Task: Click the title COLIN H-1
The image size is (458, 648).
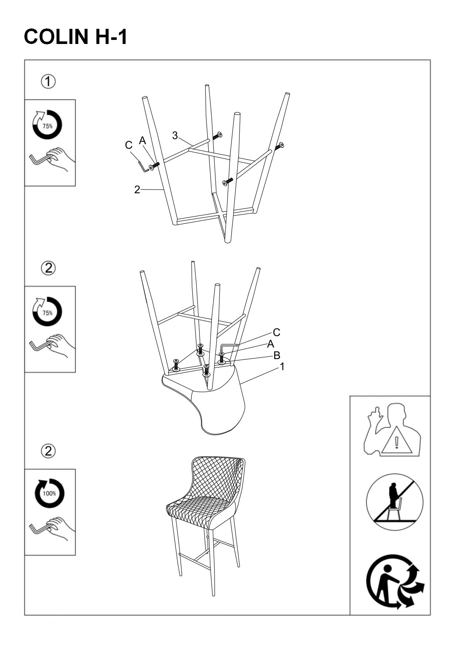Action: click(x=76, y=37)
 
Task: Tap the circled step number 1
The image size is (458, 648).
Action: click(x=48, y=82)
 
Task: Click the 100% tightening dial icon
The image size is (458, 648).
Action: click(x=49, y=493)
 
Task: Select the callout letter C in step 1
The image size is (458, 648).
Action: click(x=129, y=145)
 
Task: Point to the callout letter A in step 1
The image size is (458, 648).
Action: click(x=143, y=140)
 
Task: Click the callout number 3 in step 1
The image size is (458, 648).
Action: click(x=175, y=136)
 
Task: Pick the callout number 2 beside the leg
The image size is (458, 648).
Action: click(x=137, y=190)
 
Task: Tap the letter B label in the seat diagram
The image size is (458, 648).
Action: click(x=277, y=355)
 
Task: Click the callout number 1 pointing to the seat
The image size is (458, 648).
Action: click(x=282, y=367)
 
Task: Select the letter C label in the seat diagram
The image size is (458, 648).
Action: click(x=277, y=332)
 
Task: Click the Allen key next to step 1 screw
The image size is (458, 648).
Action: click(x=143, y=165)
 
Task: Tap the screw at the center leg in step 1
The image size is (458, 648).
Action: click(x=228, y=181)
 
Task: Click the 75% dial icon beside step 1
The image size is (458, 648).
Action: click(x=47, y=125)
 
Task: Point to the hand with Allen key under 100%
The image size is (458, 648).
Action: click(x=52, y=529)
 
